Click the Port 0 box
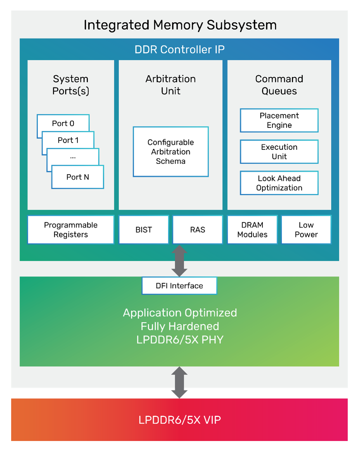tap(63, 123)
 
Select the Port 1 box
tap(68, 140)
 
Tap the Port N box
tap(77, 177)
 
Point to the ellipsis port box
tap(73, 157)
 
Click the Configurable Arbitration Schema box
tap(171, 152)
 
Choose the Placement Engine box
tap(279, 120)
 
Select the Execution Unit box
tap(279, 152)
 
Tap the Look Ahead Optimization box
tap(279, 183)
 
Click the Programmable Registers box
tap(71, 230)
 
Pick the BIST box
tap(144, 230)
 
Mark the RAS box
tap(197, 230)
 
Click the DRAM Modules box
tap(252, 230)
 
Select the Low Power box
tap(306, 230)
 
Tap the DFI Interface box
tap(179, 286)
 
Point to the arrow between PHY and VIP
tap(179, 382)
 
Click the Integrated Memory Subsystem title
tap(180, 25)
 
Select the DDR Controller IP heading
tap(179, 49)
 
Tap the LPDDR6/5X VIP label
tap(179, 420)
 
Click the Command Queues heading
tap(279, 85)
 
